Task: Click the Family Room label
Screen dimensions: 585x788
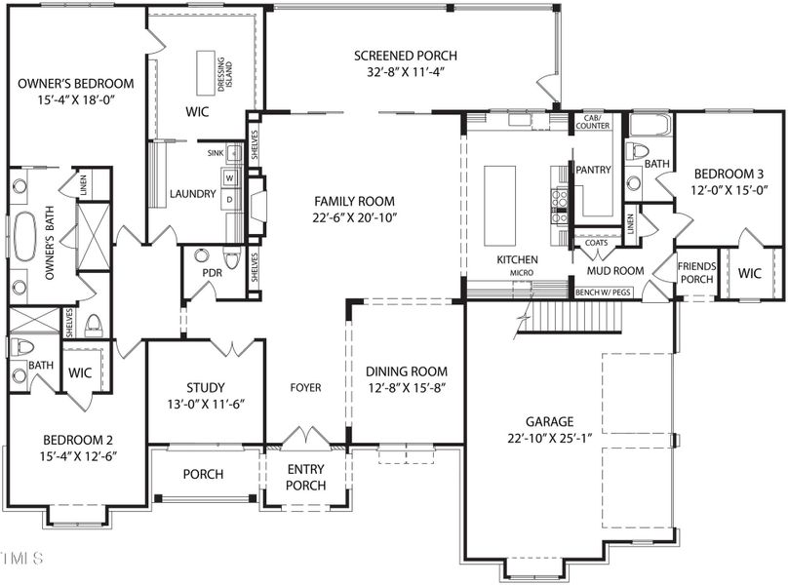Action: [x=340, y=200]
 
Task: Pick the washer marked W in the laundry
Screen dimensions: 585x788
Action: [x=231, y=178]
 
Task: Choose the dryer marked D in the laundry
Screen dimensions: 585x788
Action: [x=231, y=199]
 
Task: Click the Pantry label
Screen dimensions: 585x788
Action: [x=593, y=170]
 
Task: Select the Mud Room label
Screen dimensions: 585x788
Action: [x=614, y=270]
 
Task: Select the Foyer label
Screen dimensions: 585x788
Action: [x=305, y=387]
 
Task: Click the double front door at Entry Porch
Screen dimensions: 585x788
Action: [x=305, y=436]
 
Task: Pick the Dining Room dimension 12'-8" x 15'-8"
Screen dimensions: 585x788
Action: [x=406, y=388]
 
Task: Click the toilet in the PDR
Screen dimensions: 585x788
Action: [x=232, y=259]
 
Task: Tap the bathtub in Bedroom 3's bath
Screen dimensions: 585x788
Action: [x=650, y=125]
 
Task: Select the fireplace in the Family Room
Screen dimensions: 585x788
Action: [x=256, y=201]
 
